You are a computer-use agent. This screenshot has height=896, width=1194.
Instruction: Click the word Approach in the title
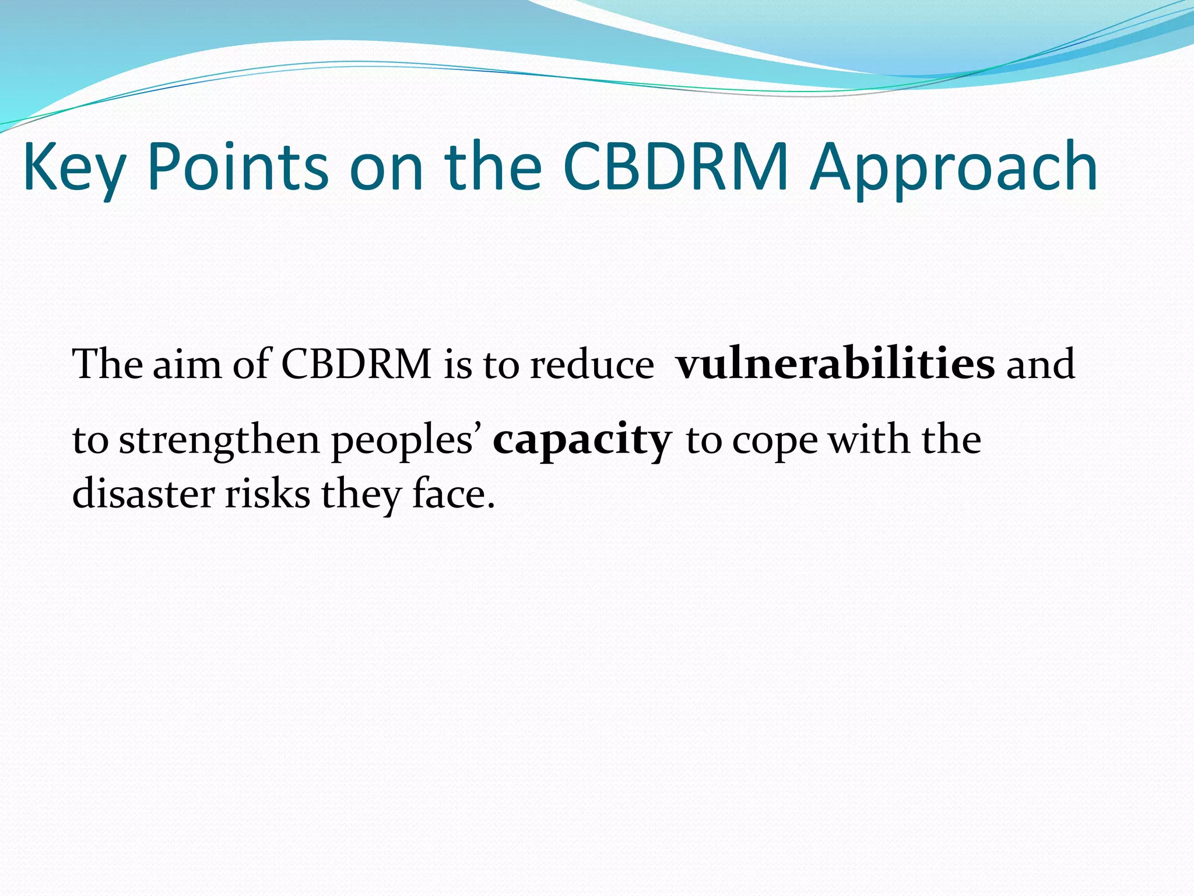953,169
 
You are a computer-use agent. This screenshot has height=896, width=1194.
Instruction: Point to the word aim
187,365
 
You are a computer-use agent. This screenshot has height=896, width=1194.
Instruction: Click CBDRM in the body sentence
356,365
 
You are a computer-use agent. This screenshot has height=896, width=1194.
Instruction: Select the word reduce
592,365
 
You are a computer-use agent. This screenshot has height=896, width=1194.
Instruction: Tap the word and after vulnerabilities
1041,365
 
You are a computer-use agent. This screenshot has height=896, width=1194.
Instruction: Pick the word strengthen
219,441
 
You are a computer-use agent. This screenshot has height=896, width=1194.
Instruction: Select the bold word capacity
582,441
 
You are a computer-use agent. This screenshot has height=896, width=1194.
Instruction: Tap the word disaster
143,494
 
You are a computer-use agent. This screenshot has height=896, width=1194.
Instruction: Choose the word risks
268,494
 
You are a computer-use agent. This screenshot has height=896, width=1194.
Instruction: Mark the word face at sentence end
449,494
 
